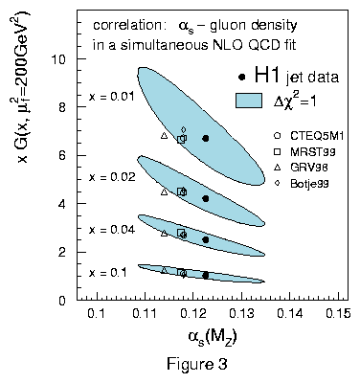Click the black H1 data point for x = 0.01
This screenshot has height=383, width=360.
pos(206,138)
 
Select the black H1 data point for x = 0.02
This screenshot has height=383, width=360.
pos(206,198)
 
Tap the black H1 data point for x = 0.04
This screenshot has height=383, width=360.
pos(206,239)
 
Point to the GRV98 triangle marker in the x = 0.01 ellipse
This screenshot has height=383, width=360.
pos(164,135)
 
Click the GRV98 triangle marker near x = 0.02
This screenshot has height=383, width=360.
pos(164,191)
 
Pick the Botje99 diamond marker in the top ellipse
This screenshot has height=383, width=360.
pos(184,129)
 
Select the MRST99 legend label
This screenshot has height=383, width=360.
pos(313,151)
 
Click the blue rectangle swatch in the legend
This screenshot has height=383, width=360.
pos(249,101)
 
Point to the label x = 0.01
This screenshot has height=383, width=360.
pos(112,97)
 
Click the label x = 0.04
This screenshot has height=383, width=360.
pos(112,230)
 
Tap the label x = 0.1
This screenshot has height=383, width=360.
pos(108,273)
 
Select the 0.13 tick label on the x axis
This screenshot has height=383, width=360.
pos(241,313)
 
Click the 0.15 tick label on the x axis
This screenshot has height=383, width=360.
pos(339,313)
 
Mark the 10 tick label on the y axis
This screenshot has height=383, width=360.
pos(59,59)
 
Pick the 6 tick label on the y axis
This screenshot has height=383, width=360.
pos(63,155)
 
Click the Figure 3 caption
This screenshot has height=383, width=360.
pos(197,363)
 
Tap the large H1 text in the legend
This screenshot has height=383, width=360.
pos(267,76)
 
